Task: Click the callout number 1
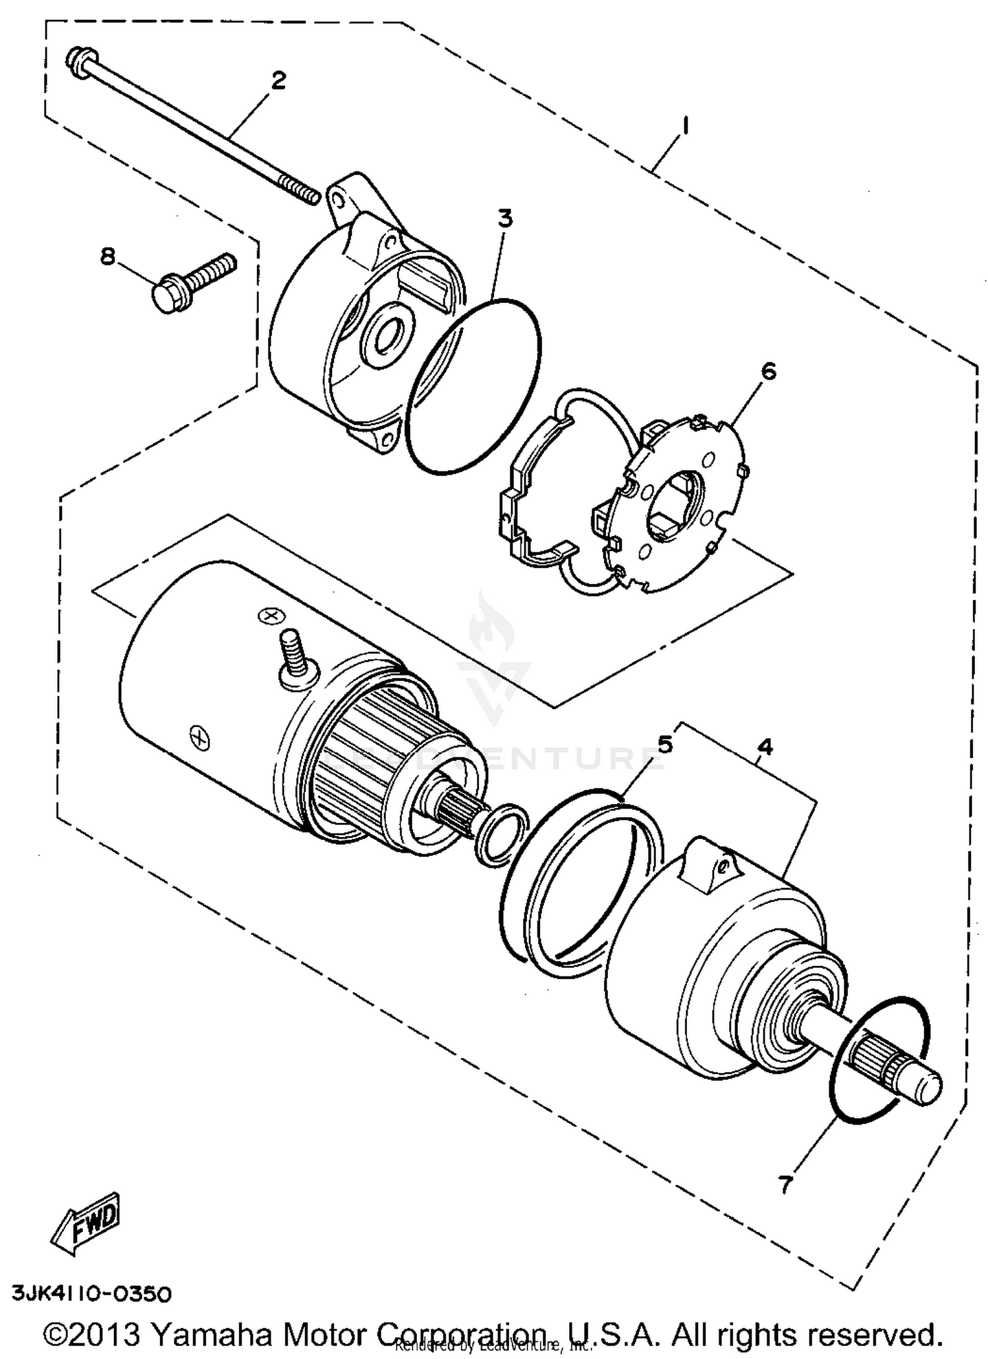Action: (685, 125)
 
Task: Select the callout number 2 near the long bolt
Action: (279, 81)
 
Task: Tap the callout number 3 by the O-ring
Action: (505, 219)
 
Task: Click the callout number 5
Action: (665, 745)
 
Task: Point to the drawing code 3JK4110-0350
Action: (92, 1292)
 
